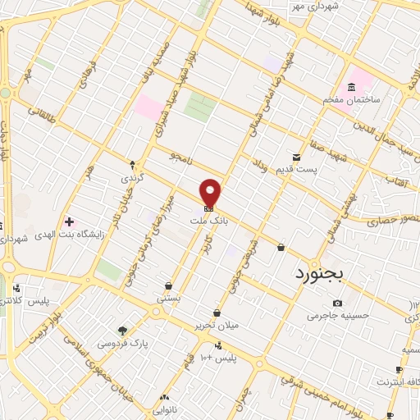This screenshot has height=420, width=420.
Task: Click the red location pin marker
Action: point(211,192)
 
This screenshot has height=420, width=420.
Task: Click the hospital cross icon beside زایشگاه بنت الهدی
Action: point(69,221)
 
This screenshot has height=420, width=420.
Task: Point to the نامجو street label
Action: point(179,156)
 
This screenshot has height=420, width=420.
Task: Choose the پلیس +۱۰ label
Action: point(218,358)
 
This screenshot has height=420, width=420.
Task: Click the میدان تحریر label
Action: point(217,325)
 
